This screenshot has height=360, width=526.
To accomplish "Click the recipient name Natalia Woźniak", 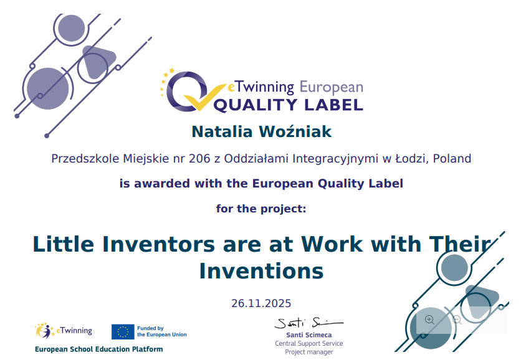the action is click(x=261, y=131).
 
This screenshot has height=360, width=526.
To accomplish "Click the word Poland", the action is click(x=452, y=158).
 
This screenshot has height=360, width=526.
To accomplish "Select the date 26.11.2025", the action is click(x=261, y=303).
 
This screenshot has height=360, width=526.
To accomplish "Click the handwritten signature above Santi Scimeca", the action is click(x=308, y=323).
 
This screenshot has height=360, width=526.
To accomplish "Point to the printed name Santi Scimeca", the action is click(x=309, y=335).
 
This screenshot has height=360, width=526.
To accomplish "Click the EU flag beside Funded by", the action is click(x=123, y=331).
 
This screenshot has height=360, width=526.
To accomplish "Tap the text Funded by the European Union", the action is click(x=161, y=331).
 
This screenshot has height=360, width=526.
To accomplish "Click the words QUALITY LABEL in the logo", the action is click(x=289, y=105).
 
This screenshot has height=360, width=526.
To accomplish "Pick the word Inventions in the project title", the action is click(x=261, y=271).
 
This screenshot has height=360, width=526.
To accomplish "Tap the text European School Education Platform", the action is click(x=99, y=349).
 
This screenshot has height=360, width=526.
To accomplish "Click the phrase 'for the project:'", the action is click(x=261, y=209).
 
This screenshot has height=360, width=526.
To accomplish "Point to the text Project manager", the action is click(x=309, y=352).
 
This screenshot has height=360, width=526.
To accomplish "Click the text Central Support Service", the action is click(x=309, y=343).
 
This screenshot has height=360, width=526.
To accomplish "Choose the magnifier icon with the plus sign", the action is click(x=430, y=320).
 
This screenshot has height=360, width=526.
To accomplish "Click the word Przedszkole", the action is click(x=85, y=158).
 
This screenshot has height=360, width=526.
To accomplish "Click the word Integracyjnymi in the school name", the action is click(x=335, y=159).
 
